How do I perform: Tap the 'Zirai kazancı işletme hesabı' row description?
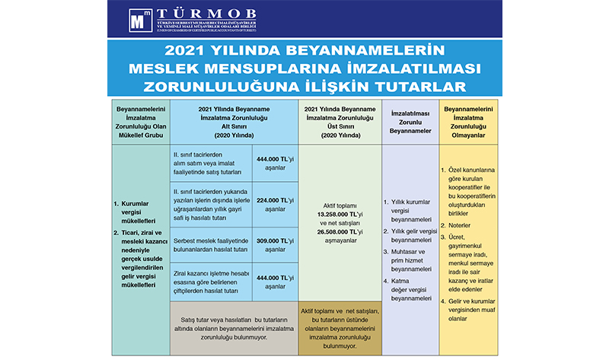(211, 279)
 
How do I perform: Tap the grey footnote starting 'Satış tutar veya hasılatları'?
(233, 333)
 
